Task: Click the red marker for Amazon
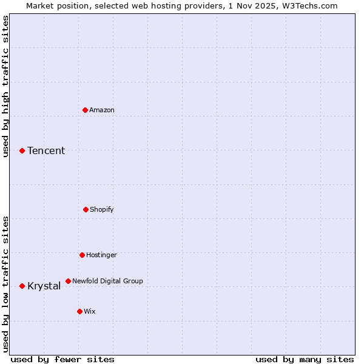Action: [86, 110]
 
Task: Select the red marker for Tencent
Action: [22, 150]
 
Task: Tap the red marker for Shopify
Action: [86, 209]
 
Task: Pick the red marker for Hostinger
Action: [82, 255]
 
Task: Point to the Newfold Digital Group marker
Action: [68, 281]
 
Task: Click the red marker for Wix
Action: [79, 311]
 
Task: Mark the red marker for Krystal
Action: [22, 286]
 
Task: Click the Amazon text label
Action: [102, 110]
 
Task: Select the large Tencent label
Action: [46, 150]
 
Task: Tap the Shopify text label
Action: [102, 209]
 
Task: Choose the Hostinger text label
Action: [101, 255]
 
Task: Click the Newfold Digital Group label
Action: [107, 281]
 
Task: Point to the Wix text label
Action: [90, 311]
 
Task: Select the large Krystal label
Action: [44, 286]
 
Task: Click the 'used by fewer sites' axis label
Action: [62, 359]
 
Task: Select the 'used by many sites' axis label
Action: [305, 359]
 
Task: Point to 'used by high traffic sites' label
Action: [5, 86]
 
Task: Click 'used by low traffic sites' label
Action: [5, 284]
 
